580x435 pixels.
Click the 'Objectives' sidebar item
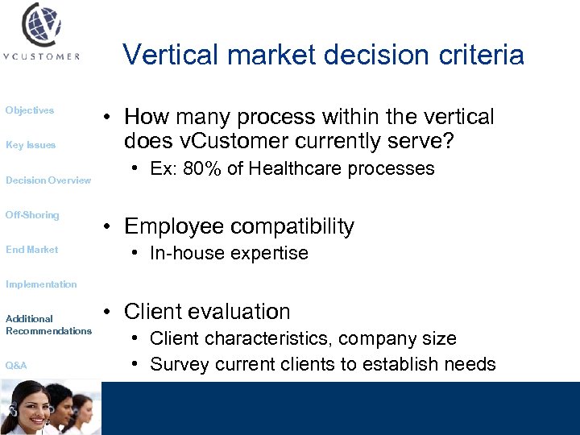tap(30, 110)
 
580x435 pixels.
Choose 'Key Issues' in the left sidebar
tap(31, 145)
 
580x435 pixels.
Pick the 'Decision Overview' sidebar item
tap(48, 180)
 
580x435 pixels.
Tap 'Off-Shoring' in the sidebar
tap(32, 215)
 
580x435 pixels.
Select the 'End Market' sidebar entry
tap(32, 250)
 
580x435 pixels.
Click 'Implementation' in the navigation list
tap(41, 284)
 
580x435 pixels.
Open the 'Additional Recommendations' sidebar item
tap(48, 325)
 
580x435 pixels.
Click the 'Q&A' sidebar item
tap(16, 366)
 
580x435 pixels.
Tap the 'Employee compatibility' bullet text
tap(239, 226)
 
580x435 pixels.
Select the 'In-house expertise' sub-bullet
tap(229, 253)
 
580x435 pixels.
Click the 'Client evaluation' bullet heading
tap(208, 311)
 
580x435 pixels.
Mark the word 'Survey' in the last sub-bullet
tap(179, 364)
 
